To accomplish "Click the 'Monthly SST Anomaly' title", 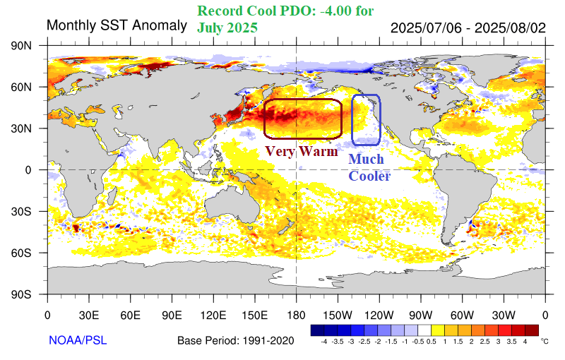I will (x=108, y=26).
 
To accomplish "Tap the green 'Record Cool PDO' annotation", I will (x=285, y=19).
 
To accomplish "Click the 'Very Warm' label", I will (x=301, y=150).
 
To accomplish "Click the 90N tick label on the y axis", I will (x=29, y=45).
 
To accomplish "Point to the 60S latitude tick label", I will (x=29, y=253).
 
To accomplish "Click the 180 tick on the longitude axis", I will (x=296, y=315).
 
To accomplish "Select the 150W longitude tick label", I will (x=338, y=315).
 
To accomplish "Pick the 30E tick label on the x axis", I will (x=89, y=315).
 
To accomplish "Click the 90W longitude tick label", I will (x=420, y=315).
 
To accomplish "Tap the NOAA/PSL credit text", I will (x=78, y=340).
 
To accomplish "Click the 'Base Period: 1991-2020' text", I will (x=235, y=341).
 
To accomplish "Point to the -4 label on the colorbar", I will (x=323, y=341).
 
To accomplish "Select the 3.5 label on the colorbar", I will (x=512, y=341).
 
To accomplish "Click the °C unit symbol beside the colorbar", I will (x=544, y=340).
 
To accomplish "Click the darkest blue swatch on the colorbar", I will (x=317, y=330).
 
